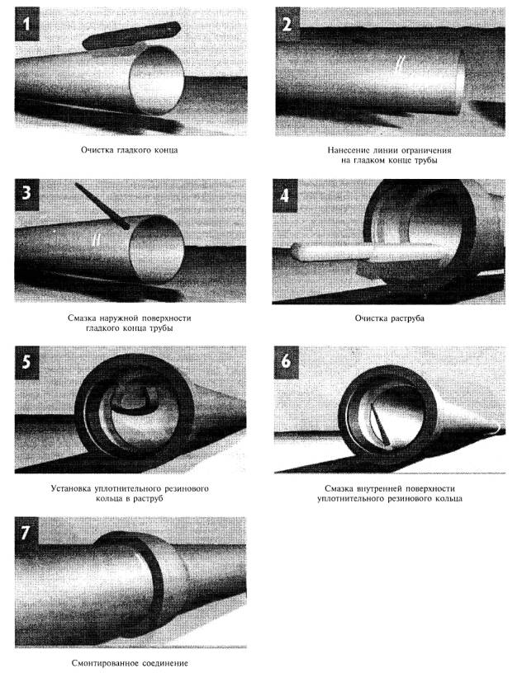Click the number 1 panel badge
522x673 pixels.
27,24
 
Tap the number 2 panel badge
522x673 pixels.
287,24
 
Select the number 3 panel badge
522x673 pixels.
26,193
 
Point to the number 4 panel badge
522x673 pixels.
285,195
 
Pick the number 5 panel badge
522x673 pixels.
26,362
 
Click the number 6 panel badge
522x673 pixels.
287,362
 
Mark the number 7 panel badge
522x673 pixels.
26,533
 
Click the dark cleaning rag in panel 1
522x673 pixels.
130,35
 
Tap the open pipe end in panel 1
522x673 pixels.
158,79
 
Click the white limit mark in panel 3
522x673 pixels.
97,239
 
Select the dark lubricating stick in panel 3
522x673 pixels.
102,205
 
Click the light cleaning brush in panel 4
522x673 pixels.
365,252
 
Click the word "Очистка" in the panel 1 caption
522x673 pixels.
97,150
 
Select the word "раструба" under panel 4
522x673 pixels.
407,318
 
